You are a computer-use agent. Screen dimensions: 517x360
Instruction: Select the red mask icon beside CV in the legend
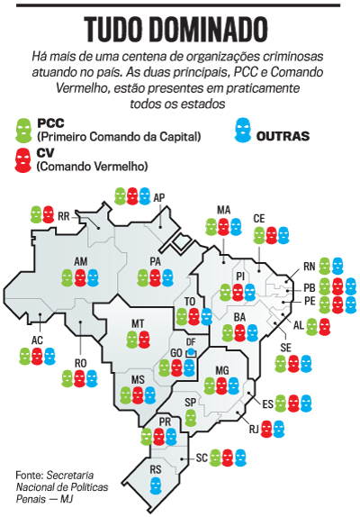coord(24,159)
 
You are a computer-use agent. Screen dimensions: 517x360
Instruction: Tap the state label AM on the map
coord(79,260)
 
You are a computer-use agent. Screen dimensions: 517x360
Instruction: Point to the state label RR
coord(64,217)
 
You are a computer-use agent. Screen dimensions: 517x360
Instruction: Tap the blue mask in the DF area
coord(190,352)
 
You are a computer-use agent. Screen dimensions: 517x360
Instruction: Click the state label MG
coord(222,370)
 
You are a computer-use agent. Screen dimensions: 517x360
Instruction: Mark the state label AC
coord(37,340)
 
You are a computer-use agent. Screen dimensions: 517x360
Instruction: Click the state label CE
coord(258,219)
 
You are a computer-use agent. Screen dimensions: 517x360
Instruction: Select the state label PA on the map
coord(155,261)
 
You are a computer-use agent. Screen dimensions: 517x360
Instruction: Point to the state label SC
coord(203,458)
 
